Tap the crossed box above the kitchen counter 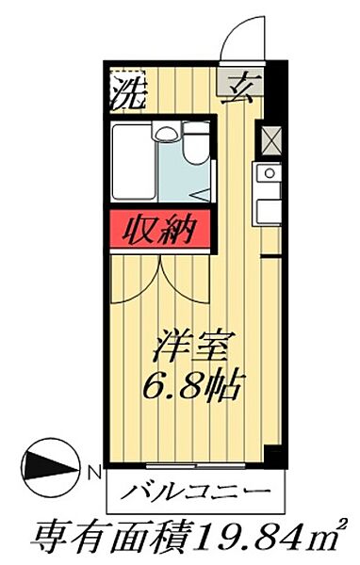point(267,140)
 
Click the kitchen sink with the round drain point(267,175)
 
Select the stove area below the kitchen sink point(267,210)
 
